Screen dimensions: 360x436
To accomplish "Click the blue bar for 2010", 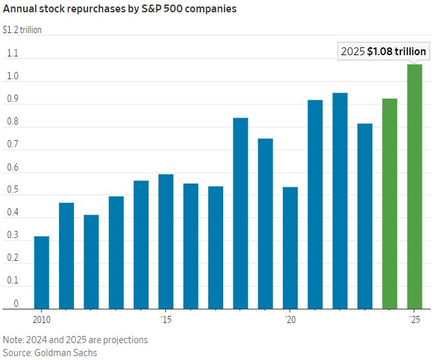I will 42,272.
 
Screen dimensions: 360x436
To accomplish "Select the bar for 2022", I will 340,200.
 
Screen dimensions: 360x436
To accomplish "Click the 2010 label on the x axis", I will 42,320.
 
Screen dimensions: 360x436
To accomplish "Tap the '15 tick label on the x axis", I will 166,320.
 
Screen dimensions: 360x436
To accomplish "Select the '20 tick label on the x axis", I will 290,320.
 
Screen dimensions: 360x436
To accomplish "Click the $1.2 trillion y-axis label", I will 22,30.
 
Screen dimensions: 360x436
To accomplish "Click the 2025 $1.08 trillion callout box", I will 383,52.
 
